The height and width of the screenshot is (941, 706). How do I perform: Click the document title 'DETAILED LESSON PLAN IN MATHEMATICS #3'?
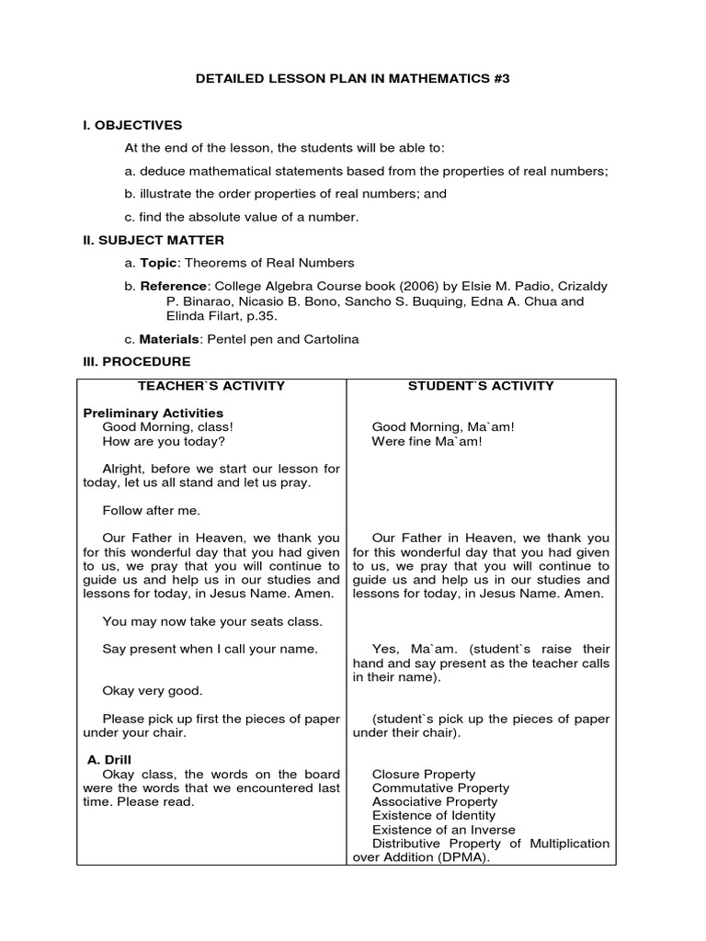352,80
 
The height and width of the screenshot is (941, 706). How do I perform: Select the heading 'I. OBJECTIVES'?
132,125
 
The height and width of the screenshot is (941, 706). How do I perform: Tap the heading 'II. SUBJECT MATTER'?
154,241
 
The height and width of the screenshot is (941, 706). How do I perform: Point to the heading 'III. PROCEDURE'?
137,362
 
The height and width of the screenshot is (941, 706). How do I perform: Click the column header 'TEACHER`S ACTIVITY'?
211,386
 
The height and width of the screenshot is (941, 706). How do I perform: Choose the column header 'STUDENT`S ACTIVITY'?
481,386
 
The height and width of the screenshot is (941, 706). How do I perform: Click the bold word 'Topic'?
158,263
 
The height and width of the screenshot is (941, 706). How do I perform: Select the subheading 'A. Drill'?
109,760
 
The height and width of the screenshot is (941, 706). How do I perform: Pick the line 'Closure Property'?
424,775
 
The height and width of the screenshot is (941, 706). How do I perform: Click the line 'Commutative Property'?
440,788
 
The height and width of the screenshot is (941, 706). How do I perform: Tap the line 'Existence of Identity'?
433,816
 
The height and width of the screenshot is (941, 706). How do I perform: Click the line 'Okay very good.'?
153,691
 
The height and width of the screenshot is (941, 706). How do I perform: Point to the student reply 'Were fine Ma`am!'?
427,441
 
